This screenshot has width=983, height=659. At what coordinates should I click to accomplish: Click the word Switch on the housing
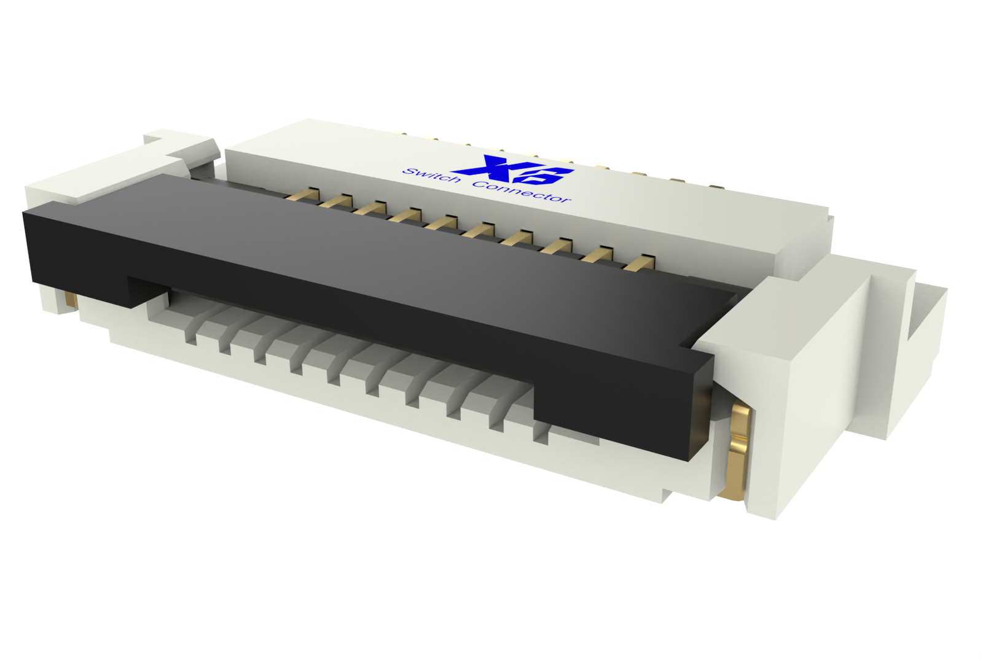click(431, 176)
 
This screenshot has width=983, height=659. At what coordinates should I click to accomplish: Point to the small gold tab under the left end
click(71, 300)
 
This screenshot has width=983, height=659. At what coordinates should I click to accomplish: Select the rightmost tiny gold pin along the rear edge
click(714, 187)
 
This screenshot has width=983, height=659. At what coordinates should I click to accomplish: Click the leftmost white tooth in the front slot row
click(190, 334)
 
